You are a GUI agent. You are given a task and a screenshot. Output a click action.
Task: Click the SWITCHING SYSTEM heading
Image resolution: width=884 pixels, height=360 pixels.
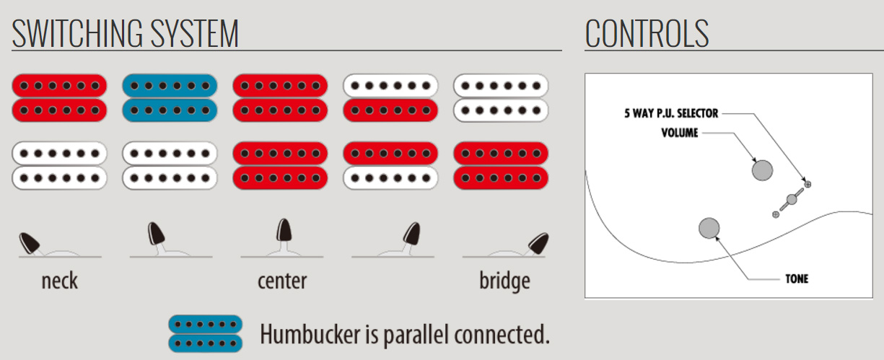[x=125, y=33]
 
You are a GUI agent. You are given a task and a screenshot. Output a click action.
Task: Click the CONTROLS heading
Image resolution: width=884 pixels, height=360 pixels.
[x=647, y=33]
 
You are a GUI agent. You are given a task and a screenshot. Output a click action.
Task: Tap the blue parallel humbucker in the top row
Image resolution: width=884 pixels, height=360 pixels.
[x=170, y=97]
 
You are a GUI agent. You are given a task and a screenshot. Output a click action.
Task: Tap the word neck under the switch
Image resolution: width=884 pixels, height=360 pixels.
[x=59, y=280]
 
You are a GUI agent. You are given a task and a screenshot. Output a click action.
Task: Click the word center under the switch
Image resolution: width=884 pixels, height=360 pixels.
[x=281, y=280]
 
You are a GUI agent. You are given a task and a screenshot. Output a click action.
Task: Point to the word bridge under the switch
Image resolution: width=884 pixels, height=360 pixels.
[x=504, y=280]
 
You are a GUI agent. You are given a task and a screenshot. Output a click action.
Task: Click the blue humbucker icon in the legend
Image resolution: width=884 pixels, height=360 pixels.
[x=205, y=333]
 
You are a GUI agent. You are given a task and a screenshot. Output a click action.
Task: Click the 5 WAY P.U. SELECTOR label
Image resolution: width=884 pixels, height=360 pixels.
[x=671, y=113]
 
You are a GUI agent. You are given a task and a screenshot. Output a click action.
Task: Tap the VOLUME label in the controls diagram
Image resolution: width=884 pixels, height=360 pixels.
[x=679, y=133]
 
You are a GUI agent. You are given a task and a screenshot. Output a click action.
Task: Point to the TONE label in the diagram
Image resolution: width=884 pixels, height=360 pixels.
[x=796, y=278]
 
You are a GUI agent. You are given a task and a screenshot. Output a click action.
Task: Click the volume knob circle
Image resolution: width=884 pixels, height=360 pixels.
[x=761, y=170]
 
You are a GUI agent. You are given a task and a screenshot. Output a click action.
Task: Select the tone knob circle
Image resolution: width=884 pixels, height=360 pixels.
[x=709, y=228]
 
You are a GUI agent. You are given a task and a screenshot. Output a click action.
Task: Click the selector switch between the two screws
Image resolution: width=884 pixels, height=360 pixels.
[x=792, y=198]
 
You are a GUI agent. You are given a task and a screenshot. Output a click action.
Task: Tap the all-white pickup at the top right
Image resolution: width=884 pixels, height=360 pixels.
[x=501, y=97]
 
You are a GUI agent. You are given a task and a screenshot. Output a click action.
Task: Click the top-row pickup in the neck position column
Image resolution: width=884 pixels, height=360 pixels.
[x=59, y=97]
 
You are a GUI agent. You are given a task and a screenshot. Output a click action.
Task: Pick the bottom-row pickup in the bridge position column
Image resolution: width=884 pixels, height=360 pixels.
[x=501, y=165]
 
